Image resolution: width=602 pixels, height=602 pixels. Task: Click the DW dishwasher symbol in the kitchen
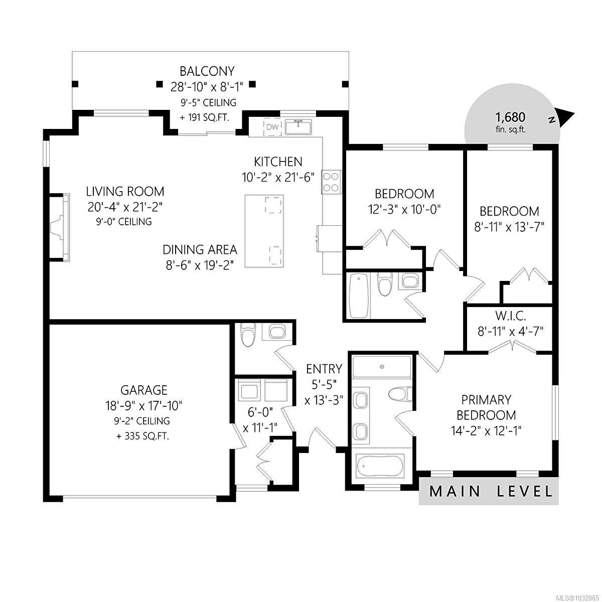[x=272, y=127]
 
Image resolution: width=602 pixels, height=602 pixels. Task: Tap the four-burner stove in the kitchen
[x=331, y=183]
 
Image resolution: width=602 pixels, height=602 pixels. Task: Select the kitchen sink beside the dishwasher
[x=298, y=127]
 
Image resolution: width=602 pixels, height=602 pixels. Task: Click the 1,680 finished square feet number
[x=511, y=117]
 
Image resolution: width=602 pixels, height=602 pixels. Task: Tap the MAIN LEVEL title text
[x=491, y=492]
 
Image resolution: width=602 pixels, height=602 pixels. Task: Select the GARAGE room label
[x=144, y=390]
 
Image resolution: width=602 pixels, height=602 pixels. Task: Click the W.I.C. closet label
[x=511, y=316]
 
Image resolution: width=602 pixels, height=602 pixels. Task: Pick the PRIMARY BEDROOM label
[x=486, y=407]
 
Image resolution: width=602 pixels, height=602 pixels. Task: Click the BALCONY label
[x=207, y=71]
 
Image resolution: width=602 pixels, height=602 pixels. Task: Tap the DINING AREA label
[x=200, y=250]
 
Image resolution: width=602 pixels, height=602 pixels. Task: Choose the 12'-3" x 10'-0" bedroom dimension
[x=404, y=210]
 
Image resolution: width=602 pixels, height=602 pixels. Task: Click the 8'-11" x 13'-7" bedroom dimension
[x=509, y=227]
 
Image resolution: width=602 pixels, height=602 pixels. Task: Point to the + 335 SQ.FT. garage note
[x=143, y=436]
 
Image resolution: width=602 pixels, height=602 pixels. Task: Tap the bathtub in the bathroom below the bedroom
[x=358, y=295]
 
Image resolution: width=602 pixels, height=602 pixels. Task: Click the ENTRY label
[x=324, y=369]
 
